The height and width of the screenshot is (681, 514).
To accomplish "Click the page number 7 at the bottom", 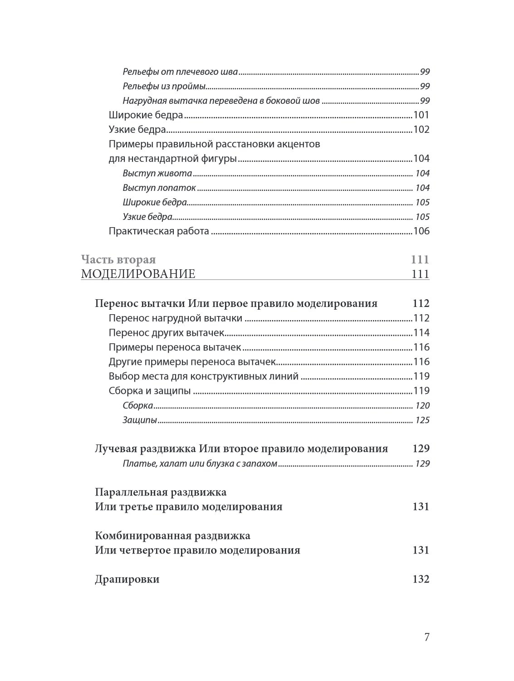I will coord(426,637).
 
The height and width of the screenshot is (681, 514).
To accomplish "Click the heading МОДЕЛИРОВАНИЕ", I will coord(138,274).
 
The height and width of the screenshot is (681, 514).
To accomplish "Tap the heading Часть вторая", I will coord(118,260).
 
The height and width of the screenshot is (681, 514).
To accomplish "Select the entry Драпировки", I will coord(127,579).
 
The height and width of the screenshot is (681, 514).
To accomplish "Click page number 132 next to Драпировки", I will coord(421,579).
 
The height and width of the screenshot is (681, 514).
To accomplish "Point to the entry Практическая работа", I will coord(159,231).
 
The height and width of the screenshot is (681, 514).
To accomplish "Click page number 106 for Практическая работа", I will coord(421,231).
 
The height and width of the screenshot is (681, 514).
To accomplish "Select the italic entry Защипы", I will coord(140,420).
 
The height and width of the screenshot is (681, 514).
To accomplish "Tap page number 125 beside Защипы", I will coord(422,420).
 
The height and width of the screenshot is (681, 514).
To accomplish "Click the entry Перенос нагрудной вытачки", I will coord(176,318).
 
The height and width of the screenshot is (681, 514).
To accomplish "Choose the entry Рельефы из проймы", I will coord(164,86).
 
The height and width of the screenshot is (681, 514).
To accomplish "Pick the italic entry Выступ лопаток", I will coord(159,188).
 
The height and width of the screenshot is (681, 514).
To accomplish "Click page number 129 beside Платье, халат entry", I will coord(422,464).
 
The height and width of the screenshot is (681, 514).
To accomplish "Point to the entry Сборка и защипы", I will coord(150,391).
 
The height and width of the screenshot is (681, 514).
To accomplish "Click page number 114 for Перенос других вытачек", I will coord(421,333).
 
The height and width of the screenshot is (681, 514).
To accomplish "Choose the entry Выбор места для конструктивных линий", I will coord(204,376).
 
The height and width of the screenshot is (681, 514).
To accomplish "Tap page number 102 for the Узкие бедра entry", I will coord(421,130).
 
